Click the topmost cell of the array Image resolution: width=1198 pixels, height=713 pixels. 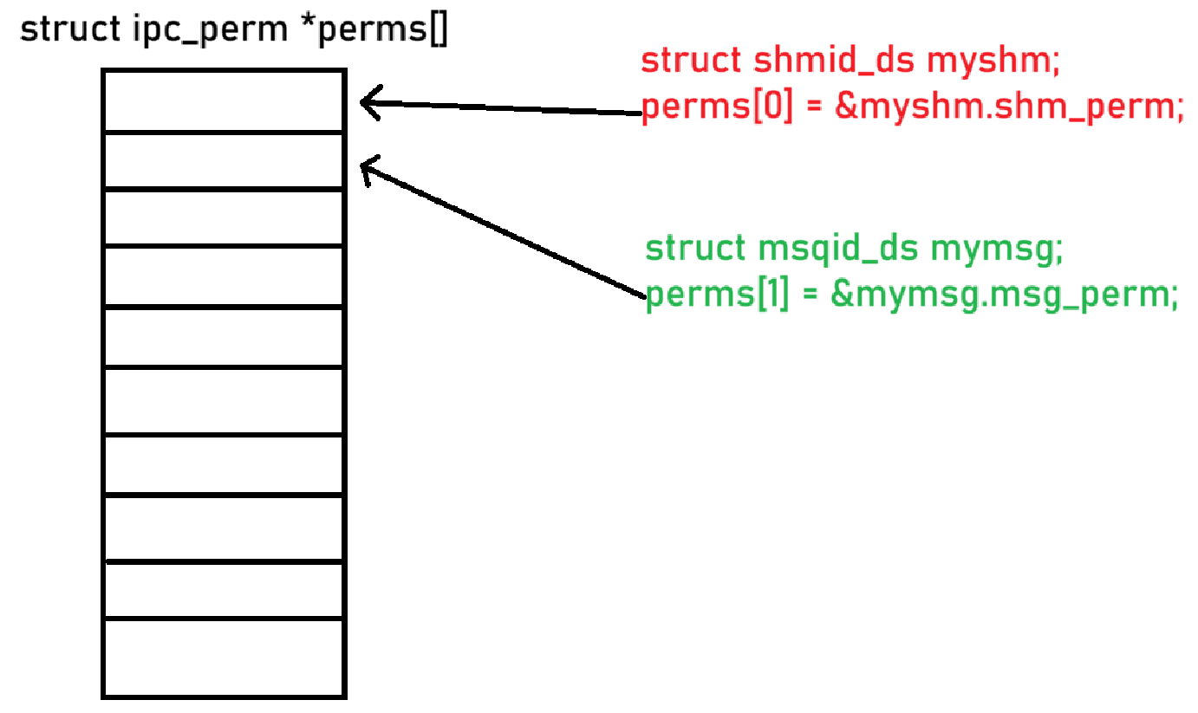pos(224,100)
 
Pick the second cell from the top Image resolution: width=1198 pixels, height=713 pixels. pos(224,160)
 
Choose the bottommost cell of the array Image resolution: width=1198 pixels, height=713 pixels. pos(224,658)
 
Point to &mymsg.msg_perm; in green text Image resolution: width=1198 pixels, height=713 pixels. pos(1005,295)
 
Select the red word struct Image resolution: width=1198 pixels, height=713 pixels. pos(690,62)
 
